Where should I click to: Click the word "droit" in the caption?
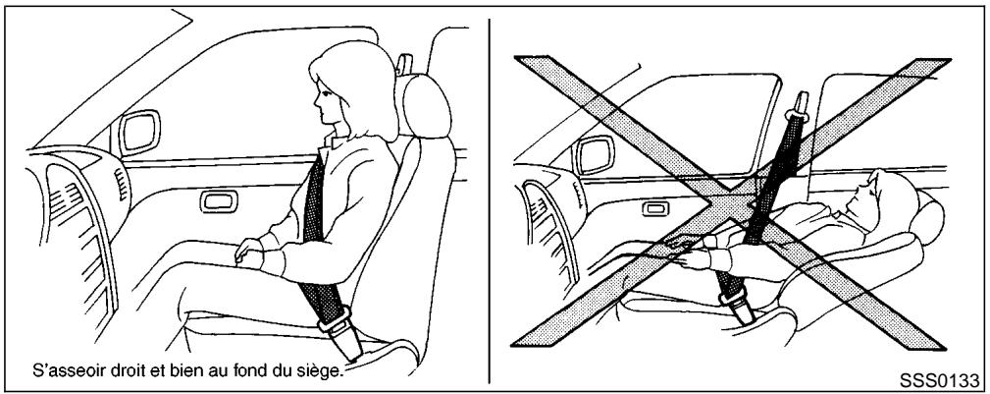point(141,369)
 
